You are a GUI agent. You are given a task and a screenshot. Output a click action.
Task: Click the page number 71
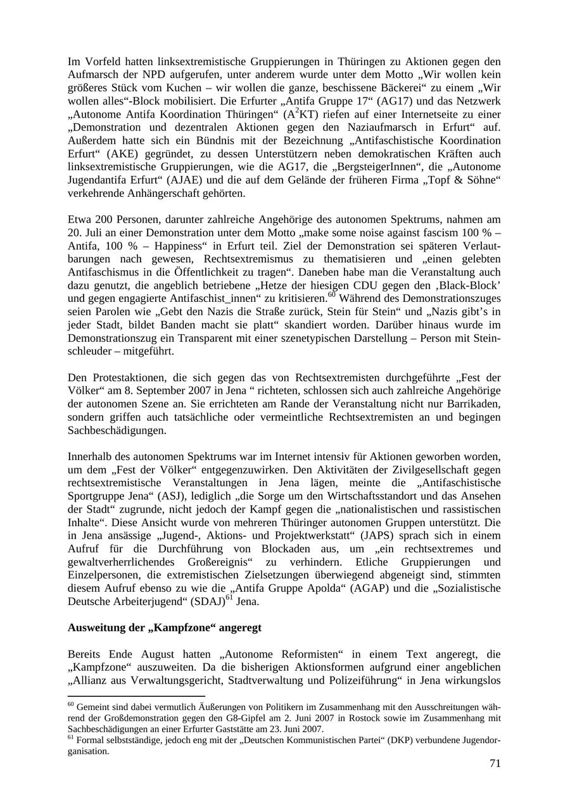point(495,763)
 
